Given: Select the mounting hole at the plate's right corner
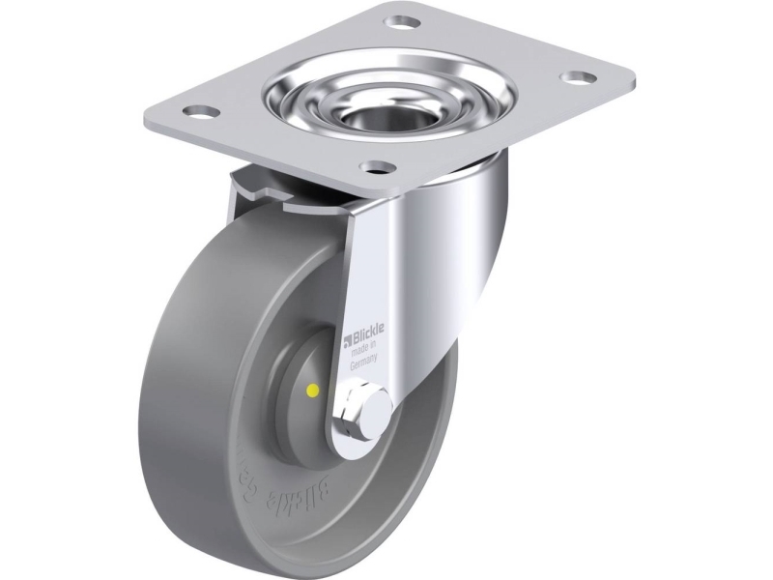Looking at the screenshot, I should coord(579,75).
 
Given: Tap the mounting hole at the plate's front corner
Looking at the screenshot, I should coord(382,166).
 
